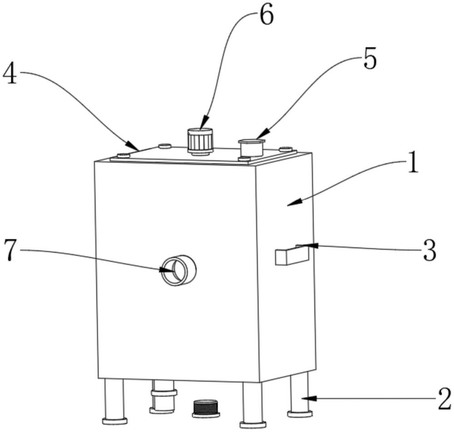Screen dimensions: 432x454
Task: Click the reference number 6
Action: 266,16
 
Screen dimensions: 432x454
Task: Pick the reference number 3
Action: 429,250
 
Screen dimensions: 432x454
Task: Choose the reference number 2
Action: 444,399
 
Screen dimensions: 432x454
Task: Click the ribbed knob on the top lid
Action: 200,141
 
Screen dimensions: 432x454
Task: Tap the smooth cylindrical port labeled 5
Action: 251,147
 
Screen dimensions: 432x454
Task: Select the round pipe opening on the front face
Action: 178,271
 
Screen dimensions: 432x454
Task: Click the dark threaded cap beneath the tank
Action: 206,408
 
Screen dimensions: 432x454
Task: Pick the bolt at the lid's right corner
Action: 285,149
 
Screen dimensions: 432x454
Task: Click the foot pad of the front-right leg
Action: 252,425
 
